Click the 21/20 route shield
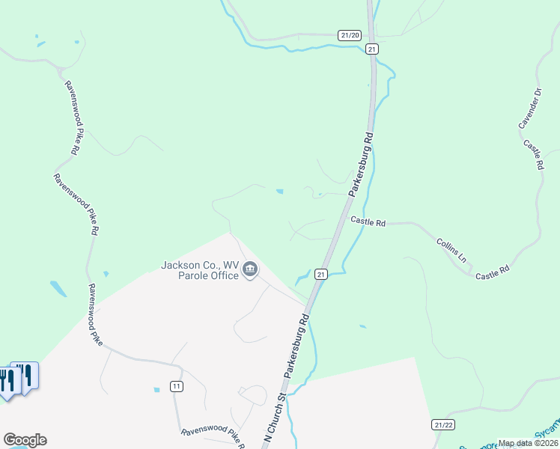(350, 35)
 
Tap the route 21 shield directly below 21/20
(372, 49)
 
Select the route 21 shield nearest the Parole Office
(320, 275)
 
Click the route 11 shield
(176, 386)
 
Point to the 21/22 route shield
(443, 424)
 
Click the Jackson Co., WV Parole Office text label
(200, 270)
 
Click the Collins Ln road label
(452, 250)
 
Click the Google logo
(25, 440)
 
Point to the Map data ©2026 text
(528, 443)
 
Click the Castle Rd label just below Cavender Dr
(533, 154)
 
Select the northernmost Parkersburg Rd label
(361, 165)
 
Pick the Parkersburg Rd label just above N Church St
(296, 346)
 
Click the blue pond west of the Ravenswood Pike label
(58, 288)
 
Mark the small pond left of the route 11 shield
(156, 390)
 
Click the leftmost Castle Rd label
(368, 222)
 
